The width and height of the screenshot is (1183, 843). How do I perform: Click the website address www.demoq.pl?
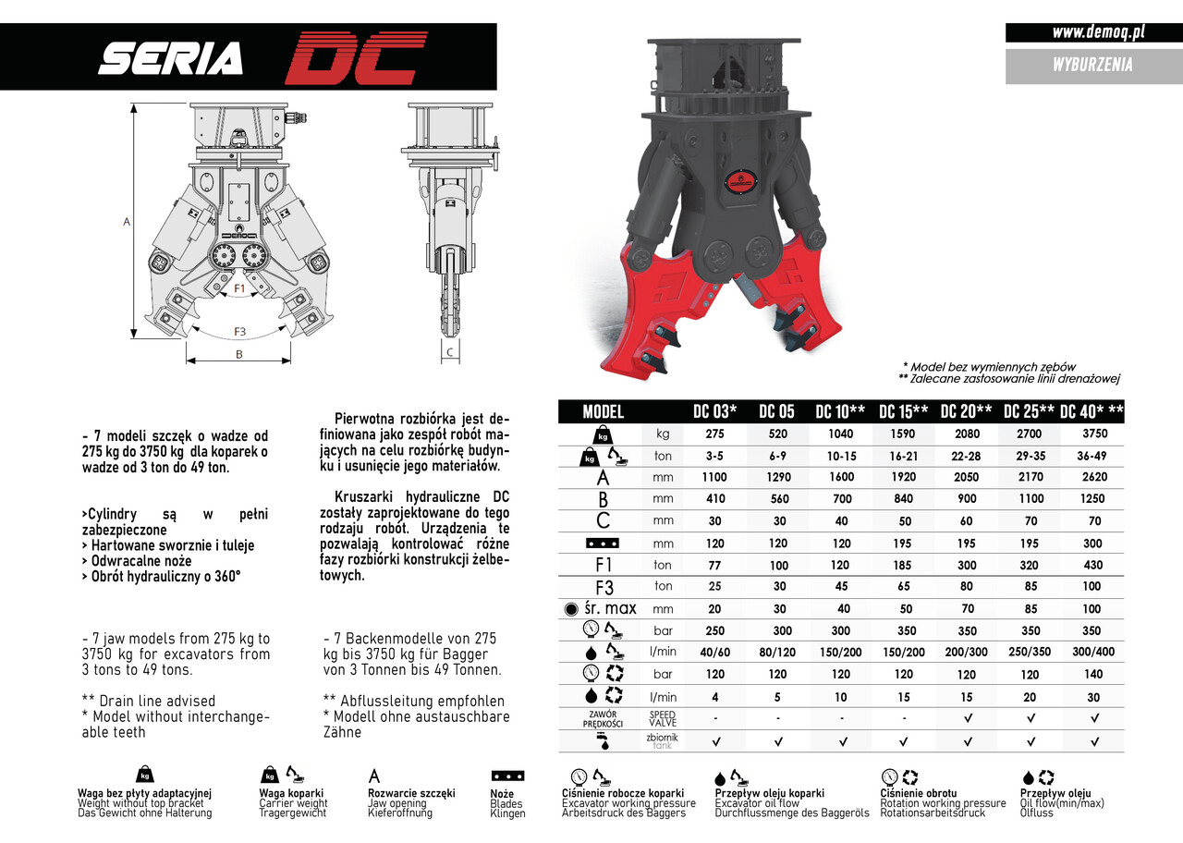point(1098,32)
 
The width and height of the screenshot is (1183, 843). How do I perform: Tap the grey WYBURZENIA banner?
point(1092,65)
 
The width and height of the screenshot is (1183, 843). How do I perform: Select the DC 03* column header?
point(714,411)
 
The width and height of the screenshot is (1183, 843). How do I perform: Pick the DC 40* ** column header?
point(1092,411)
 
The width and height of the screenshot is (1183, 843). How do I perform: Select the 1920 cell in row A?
point(903,477)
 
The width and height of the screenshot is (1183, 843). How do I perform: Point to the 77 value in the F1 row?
point(714,565)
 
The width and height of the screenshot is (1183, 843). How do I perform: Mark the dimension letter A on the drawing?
point(126,222)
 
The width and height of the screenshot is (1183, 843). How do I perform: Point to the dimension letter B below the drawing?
point(238,354)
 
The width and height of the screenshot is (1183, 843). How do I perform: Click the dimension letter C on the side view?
point(449,351)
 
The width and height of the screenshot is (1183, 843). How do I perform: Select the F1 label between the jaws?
point(238,288)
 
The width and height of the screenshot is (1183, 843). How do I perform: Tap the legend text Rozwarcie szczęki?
point(411,793)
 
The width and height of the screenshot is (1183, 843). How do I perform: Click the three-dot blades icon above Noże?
point(507,776)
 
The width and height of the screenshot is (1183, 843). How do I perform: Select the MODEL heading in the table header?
point(604,411)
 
